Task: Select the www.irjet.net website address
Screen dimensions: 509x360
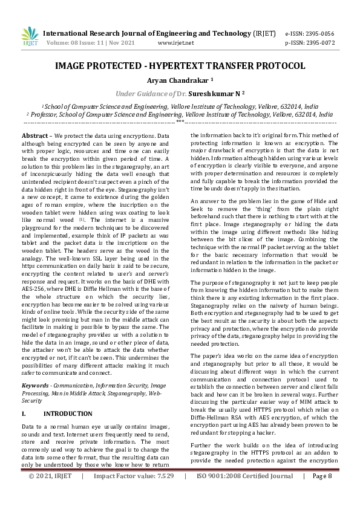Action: tap(175, 43)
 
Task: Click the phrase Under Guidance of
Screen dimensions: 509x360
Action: tap(145, 94)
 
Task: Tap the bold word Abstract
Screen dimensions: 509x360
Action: tap(34, 137)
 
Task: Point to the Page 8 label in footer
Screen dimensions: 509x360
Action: tap(322, 493)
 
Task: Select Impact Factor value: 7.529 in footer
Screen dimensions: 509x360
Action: tap(134, 493)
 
